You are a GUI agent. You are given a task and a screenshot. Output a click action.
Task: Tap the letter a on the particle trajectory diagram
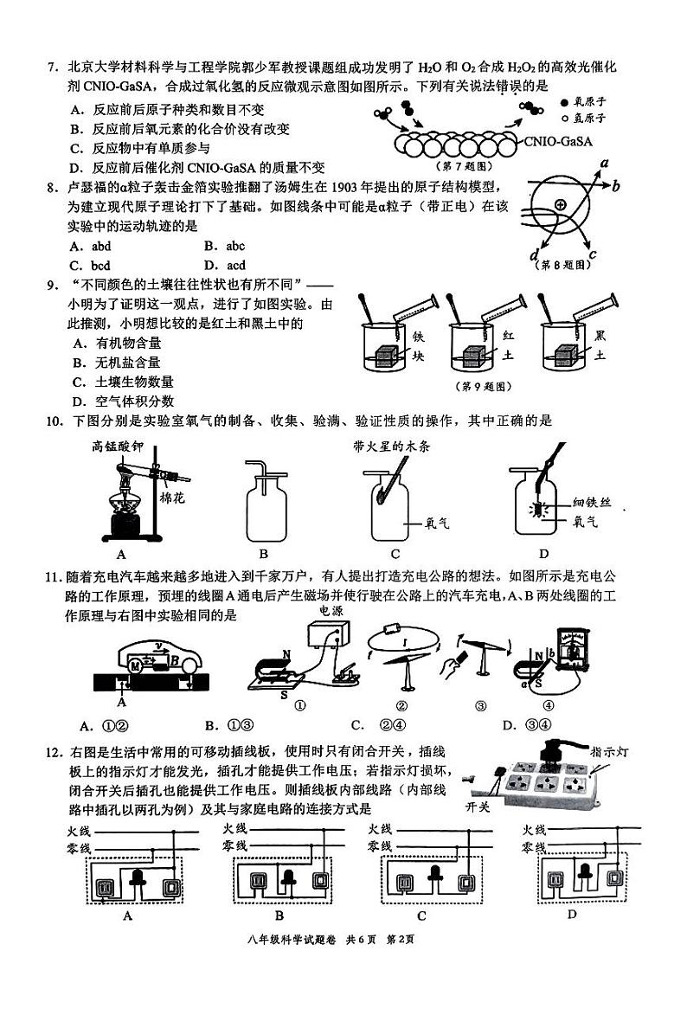click(x=605, y=164)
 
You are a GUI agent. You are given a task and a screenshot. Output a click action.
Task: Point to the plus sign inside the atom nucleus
click(x=561, y=205)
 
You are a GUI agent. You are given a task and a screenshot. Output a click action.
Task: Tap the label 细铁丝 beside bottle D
click(x=590, y=504)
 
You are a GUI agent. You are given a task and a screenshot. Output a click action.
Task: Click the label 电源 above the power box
click(x=331, y=610)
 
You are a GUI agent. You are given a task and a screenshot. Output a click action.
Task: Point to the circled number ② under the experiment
click(x=401, y=704)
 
